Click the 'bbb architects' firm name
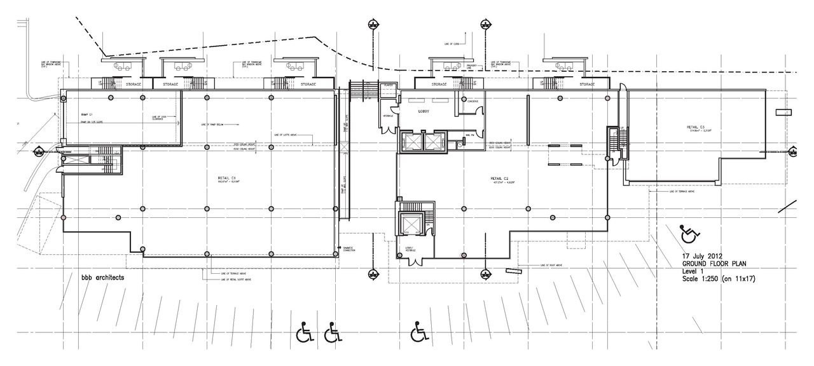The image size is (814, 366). pos(102,278)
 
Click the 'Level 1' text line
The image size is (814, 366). pos(694,271)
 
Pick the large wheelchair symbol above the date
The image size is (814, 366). pos(687,234)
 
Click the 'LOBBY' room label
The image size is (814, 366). pos(424,110)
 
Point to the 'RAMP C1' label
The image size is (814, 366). pos(88,114)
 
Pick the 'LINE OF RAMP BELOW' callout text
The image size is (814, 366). pos(212,124)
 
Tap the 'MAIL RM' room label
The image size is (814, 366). pos(471,135)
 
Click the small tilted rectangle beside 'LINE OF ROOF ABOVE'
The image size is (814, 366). pos(513,271)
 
